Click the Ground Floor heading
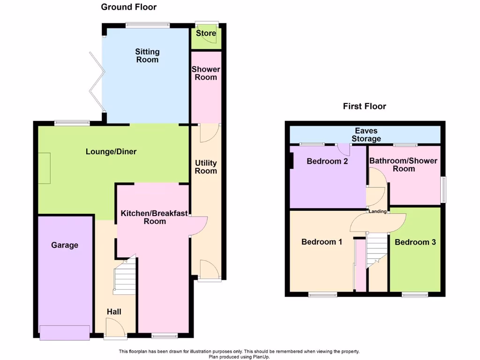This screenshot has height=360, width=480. coord(129,7)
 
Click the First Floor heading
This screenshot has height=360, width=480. coord(364,106)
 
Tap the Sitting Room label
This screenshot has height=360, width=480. coord(147,56)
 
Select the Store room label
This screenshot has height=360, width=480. coord(206,33)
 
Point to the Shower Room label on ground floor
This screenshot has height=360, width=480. coord(206,73)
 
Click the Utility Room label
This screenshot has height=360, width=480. coord(206,167)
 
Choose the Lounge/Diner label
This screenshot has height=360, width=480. coord(111,152)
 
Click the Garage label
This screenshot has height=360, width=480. coord(65,245)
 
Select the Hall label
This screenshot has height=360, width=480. coord(114,312)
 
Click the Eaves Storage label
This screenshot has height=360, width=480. coord(366,135)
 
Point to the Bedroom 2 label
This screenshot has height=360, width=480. coord(327,161)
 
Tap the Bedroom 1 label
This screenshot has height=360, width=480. coord(322,242)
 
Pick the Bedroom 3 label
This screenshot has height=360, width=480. coord(415,242)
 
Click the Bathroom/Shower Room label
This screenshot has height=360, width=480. coord(404,165)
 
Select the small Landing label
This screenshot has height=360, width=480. coord(378,211)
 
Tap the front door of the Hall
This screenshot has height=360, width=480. coord(115,328)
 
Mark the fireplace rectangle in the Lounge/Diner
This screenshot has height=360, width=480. coord(44,168)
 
